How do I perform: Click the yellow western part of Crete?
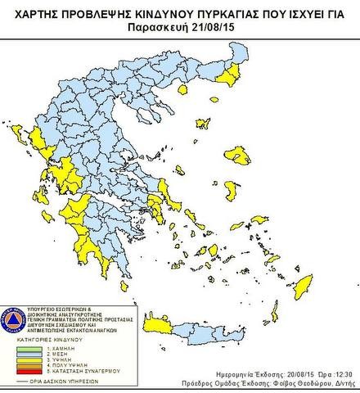click(x=164, y=326)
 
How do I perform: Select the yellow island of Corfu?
click(x=17, y=131)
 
